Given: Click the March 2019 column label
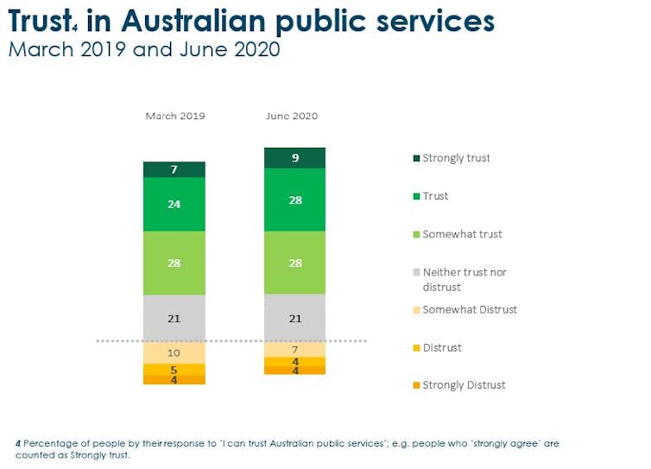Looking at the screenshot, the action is pyautogui.click(x=175, y=116).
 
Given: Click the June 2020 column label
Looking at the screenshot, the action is pyautogui.click(x=292, y=116).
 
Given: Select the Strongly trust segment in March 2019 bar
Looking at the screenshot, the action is pyautogui.click(x=174, y=169).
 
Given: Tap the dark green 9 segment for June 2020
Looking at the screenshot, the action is pyautogui.click(x=294, y=158).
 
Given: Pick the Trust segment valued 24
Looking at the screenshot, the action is pyautogui.click(x=174, y=204).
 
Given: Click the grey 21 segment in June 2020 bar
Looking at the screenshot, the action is pyautogui.click(x=294, y=318).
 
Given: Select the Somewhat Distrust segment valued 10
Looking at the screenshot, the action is pyautogui.click(x=174, y=352).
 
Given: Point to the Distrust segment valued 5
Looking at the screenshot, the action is pyautogui.click(x=174, y=370).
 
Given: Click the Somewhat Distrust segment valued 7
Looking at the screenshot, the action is pyautogui.click(x=294, y=349).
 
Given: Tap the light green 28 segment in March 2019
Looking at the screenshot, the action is pyautogui.click(x=174, y=263).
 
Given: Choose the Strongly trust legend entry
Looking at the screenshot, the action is pyautogui.click(x=452, y=158).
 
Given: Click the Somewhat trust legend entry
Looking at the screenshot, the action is pyautogui.click(x=458, y=234).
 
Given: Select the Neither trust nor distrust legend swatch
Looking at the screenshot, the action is pyautogui.click(x=416, y=273).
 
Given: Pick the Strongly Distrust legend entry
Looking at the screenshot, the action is pyautogui.click(x=459, y=385).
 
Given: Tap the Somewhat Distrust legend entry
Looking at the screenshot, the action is pyautogui.click(x=465, y=310).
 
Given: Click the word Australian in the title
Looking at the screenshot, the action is pyautogui.click(x=193, y=21).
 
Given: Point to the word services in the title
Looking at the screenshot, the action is pyautogui.click(x=435, y=22).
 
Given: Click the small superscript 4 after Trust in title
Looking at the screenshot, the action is pyautogui.click(x=75, y=29).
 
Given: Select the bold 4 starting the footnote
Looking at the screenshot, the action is pyautogui.click(x=18, y=444).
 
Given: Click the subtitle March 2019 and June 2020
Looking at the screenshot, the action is pyautogui.click(x=144, y=49).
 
